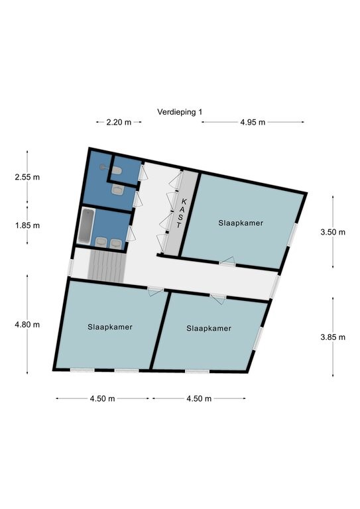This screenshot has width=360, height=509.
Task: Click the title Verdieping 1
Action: click(x=180, y=112)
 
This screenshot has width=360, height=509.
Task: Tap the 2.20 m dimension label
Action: click(x=119, y=122)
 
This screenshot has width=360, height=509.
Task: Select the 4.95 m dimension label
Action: click(x=253, y=122)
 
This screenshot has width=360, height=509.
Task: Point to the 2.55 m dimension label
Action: click(x=27, y=177)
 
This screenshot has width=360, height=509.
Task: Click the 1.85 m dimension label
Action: click(x=27, y=225)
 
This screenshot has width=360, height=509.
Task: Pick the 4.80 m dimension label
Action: click(x=27, y=324)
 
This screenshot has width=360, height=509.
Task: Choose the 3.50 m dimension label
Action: click(x=333, y=232)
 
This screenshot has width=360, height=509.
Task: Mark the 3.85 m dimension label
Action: click(x=333, y=337)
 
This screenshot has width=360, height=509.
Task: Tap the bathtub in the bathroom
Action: click(x=87, y=226)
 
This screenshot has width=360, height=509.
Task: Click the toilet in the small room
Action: click(x=117, y=170)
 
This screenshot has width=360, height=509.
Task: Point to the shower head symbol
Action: click(x=103, y=167)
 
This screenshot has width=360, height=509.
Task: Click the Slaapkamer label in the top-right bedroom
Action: click(x=241, y=223)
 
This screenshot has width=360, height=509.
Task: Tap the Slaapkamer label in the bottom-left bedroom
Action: click(x=110, y=327)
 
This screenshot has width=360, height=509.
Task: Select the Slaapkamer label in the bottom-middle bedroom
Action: click(x=209, y=328)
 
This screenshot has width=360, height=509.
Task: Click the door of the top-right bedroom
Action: click(x=227, y=261)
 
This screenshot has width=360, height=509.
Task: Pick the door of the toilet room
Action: click(x=143, y=172)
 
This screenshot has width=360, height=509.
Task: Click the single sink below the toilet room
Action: click(x=117, y=190)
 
